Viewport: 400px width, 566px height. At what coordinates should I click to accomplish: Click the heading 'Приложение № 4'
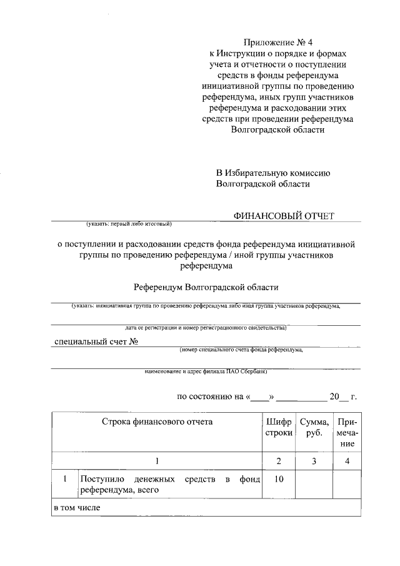279,43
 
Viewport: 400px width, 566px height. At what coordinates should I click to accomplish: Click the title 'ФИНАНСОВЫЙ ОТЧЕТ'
284,216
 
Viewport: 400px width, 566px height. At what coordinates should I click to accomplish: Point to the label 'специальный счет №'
96,341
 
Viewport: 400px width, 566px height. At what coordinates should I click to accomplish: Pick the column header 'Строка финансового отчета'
157,422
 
